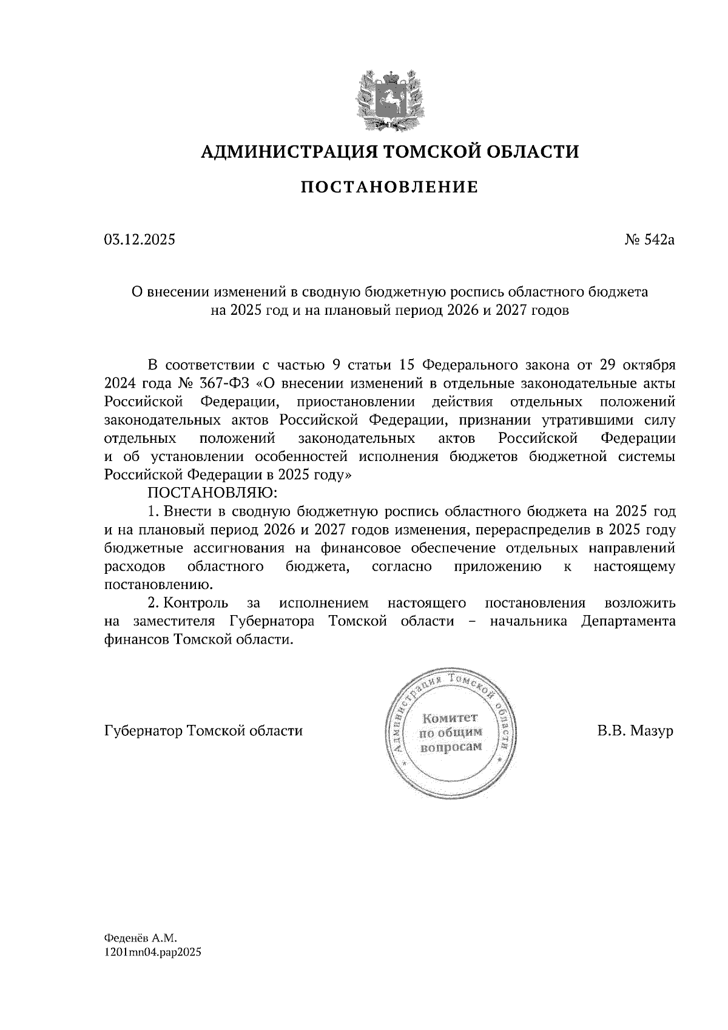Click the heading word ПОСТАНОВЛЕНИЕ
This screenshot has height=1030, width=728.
(x=389, y=187)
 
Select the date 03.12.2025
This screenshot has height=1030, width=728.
(x=140, y=240)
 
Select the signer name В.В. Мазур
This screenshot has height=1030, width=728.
(x=635, y=731)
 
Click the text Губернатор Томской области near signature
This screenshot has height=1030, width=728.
(x=203, y=731)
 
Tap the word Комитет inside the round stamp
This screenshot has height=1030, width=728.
(x=450, y=718)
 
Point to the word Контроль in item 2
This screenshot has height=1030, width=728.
(x=196, y=604)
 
